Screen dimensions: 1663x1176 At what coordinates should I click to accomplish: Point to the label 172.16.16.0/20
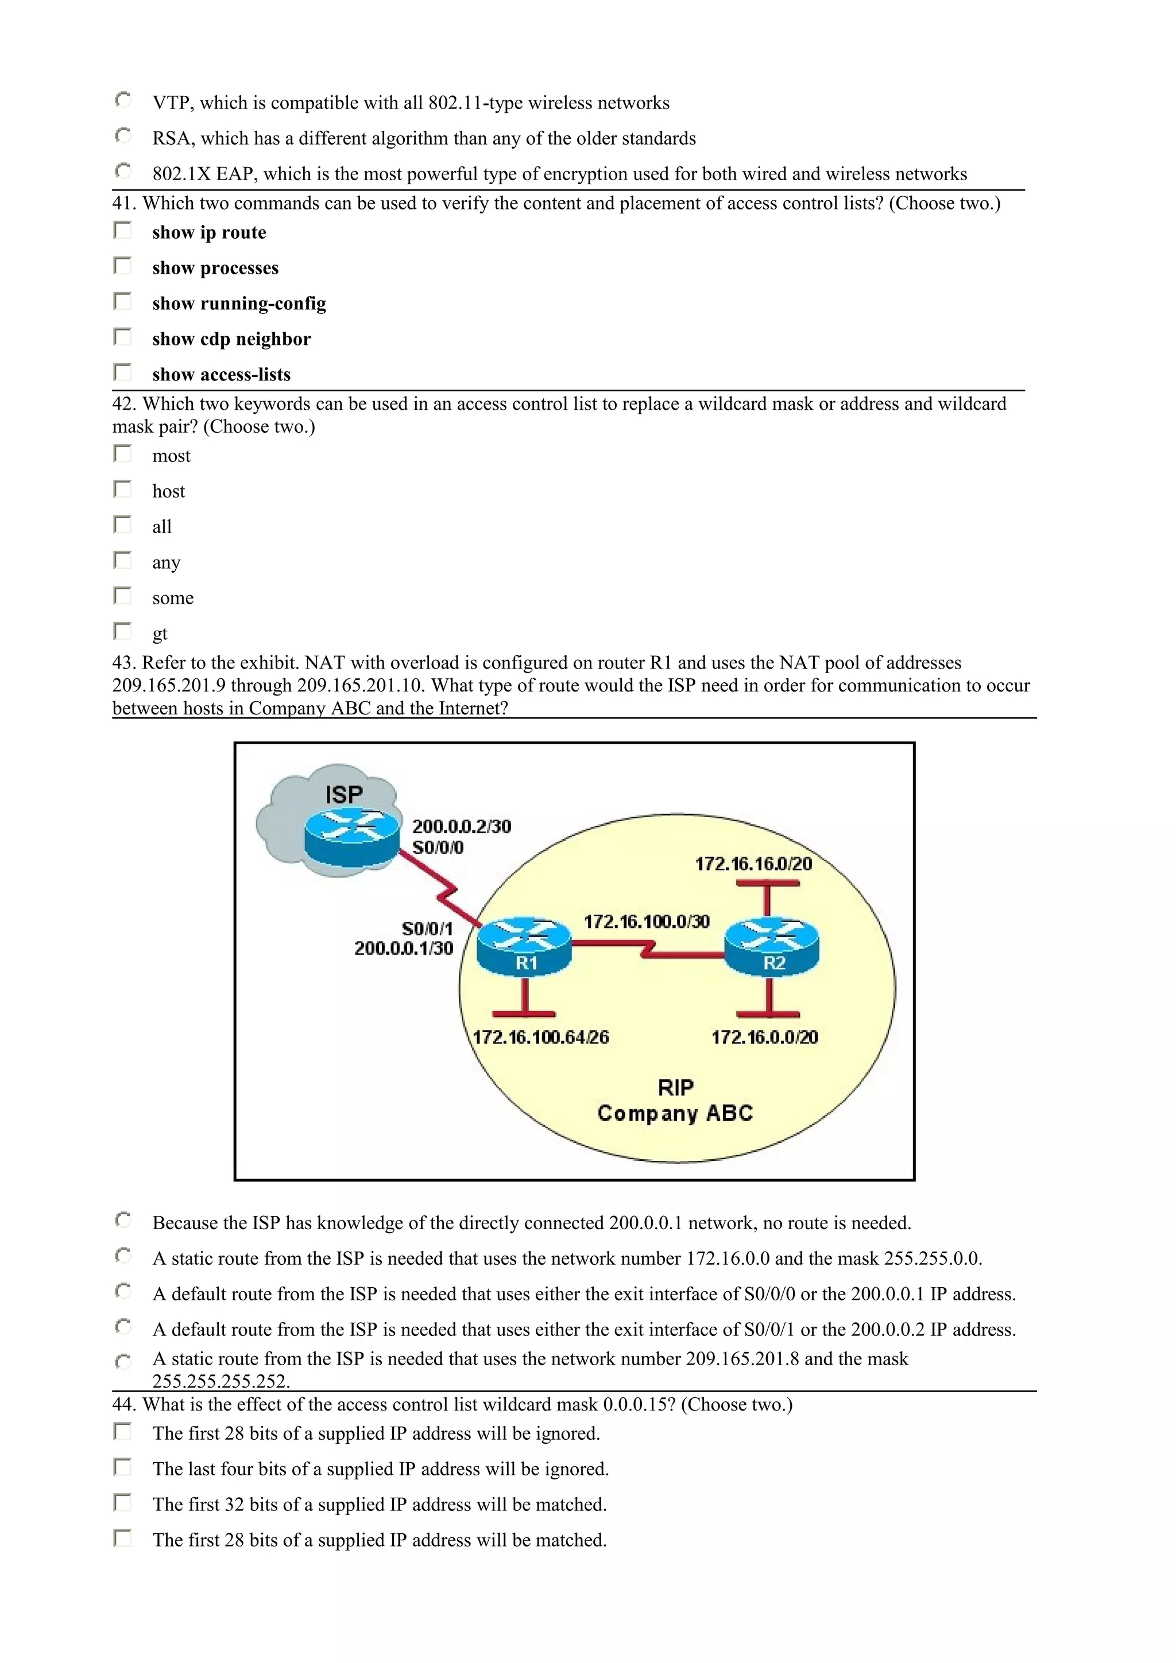click(x=753, y=864)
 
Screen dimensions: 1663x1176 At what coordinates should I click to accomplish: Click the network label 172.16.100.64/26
click(x=540, y=1037)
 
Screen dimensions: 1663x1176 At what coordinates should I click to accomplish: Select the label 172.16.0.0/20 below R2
click(x=764, y=1037)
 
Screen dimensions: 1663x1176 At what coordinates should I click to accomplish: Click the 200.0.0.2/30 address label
click(x=462, y=826)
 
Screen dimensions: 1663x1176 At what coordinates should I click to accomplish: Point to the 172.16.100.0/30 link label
click(x=647, y=922)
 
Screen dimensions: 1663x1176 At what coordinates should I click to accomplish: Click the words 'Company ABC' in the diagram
click(x=675, y=1113)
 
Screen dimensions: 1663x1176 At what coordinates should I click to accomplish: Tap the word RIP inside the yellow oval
click(x=675, y=1087)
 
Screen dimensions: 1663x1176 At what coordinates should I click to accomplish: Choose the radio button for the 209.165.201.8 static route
click(x=123, y=1362)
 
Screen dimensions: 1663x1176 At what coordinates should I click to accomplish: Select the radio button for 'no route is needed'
click(x=123, y=1221)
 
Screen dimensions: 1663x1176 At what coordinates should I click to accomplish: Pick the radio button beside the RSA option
click(x=123, y=136)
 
